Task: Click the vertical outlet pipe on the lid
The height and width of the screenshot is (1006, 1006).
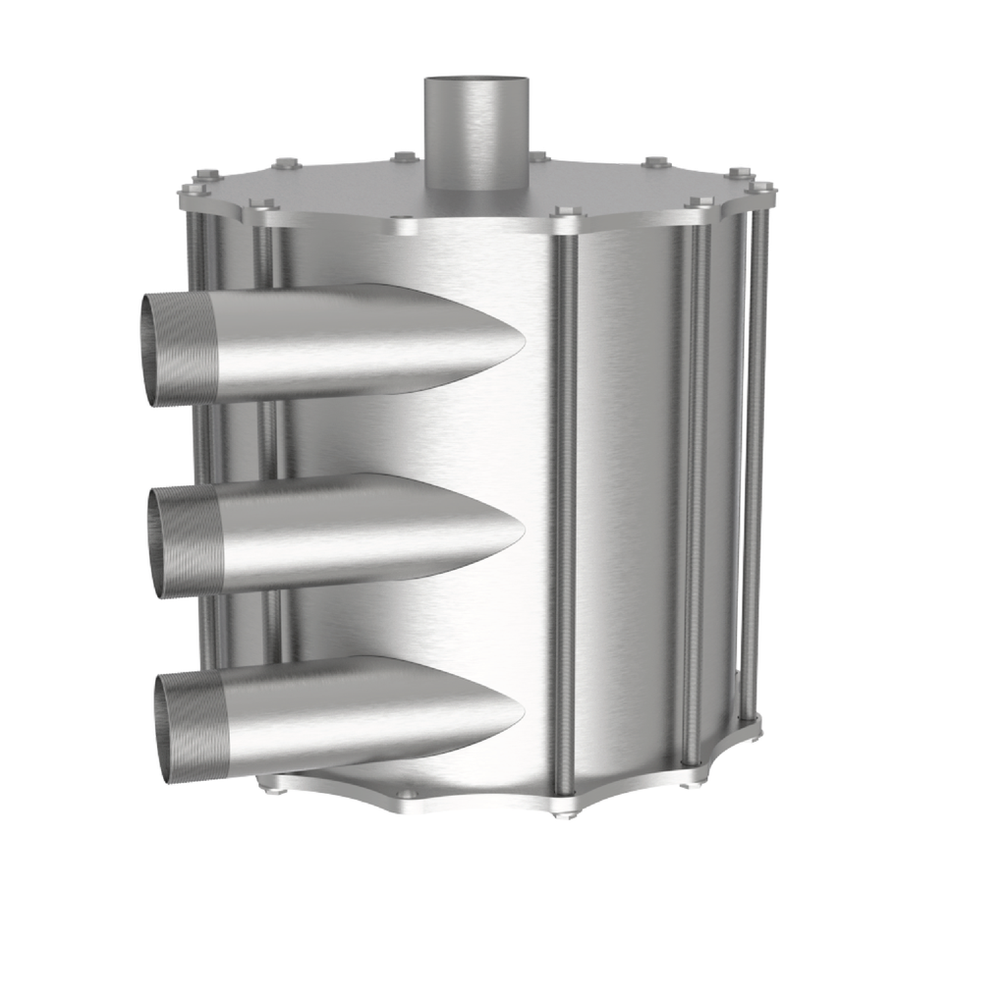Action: click(x=475, y=138)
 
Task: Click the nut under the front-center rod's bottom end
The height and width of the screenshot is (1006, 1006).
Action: click(x=562, y=811)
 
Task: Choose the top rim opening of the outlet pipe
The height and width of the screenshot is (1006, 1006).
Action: click(x=475, y=81)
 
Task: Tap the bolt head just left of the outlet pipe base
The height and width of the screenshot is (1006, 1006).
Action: click(x=404, y=155)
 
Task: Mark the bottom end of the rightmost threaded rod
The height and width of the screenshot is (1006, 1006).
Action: click(x=754, y=722)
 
